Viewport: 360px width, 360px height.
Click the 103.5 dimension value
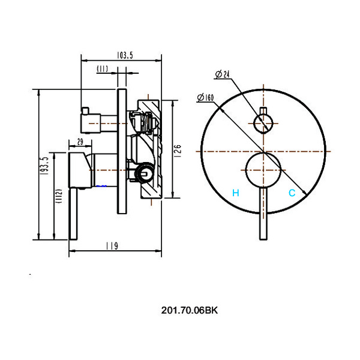click(x=125, y=55)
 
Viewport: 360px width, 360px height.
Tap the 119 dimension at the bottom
click(x=112, y=246)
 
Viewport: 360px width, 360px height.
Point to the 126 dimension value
click(x=178, y=151)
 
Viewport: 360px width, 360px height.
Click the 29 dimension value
click(x=80, y=142)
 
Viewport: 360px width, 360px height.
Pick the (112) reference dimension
click(x=59, y=196)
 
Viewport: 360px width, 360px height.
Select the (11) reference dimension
click(x=102, y=68)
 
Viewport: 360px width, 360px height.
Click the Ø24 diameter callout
click(x=223, y=74)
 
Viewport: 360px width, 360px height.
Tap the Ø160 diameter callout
click(x=205, y=97)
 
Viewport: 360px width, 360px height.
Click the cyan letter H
click(x=236, y=193)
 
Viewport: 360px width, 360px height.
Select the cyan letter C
click(x=292, y=193)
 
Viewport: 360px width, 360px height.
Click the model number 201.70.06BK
click(x=190, y=310)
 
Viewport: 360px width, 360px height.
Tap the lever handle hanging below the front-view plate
click(x=263, y=214)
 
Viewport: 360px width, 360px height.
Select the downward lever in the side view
click(x=73, y=214)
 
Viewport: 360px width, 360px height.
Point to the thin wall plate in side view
click(x=122, y=152)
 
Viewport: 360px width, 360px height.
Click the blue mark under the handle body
click(x=101, y=186)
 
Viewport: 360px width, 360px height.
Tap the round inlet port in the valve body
click(x=144, y=173)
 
